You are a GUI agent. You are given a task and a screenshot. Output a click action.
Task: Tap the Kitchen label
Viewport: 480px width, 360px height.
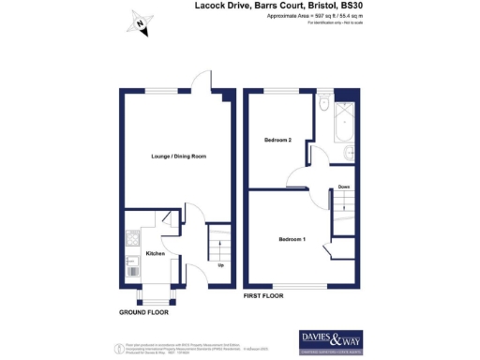click(156, 253)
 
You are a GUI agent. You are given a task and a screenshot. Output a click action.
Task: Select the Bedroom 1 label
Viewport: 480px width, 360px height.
click(292, 240)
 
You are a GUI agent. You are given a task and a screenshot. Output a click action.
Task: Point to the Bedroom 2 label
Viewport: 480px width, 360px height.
click(277, 141)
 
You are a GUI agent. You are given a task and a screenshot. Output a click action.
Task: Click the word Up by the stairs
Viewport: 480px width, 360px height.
click(220, 264)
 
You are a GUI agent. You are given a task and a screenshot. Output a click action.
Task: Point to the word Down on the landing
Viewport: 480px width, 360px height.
click(343, 187)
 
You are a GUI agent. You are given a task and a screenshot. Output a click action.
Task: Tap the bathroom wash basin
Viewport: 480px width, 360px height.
click(348, 152)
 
